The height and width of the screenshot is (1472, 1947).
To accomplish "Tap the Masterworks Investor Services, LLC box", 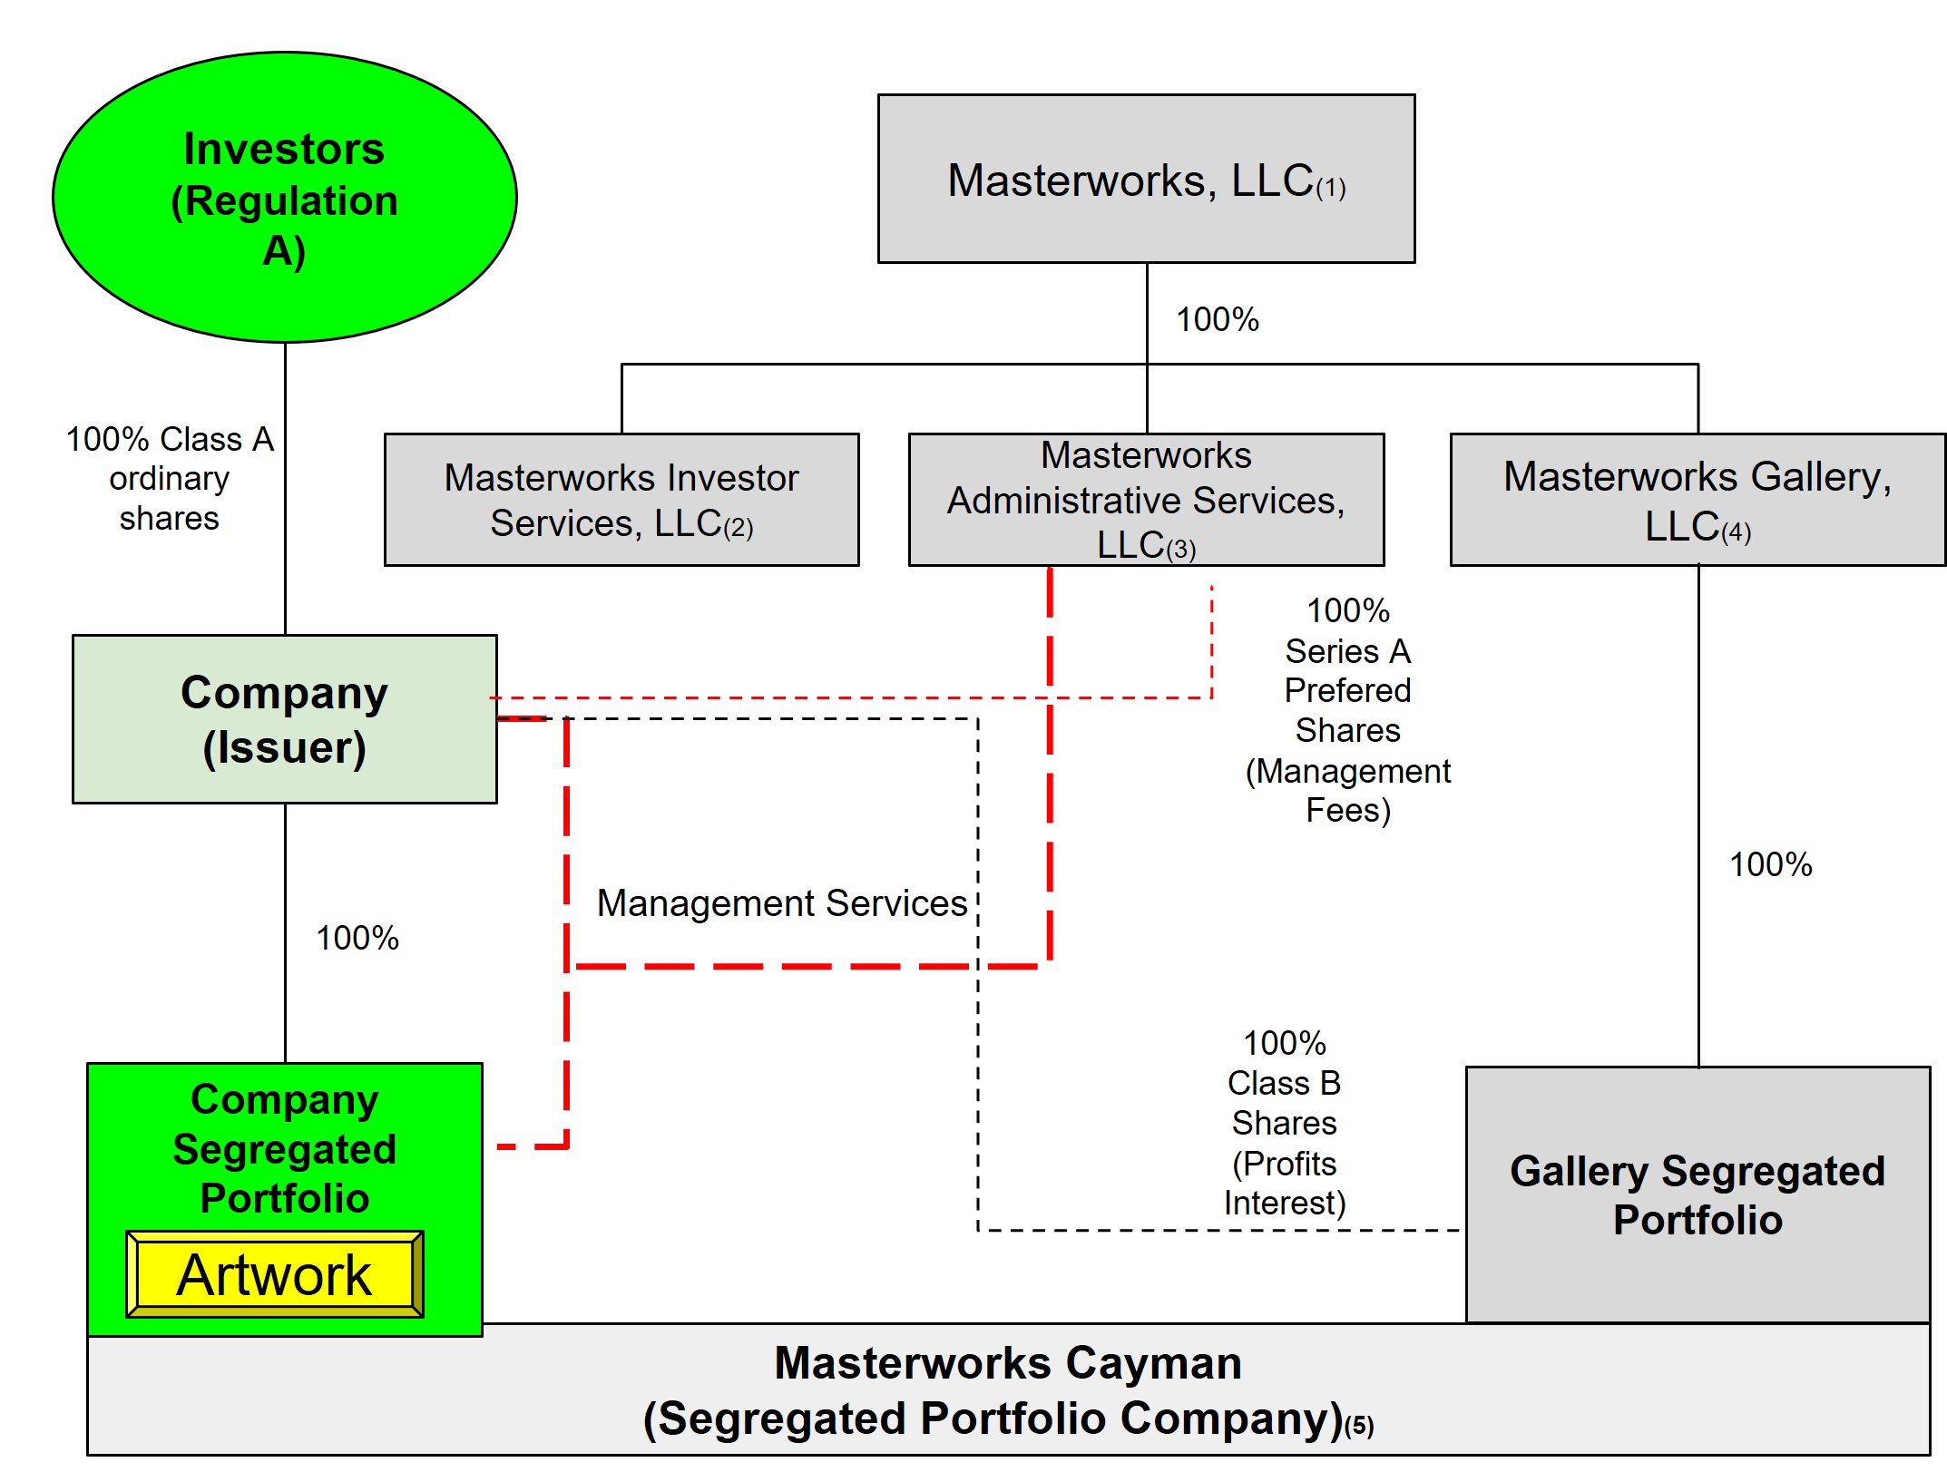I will click(x=621, y=500).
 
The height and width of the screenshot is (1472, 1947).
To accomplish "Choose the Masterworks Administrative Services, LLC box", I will click(x=1146, y=500).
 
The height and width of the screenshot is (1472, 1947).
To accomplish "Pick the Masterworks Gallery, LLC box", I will click(x=1697, y=500).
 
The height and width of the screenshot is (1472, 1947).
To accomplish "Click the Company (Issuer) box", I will click(x=284, y=719).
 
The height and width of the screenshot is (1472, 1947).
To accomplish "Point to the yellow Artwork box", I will click(x=274, y=1274).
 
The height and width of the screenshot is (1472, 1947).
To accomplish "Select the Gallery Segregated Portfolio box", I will click(x=1697, y=1194).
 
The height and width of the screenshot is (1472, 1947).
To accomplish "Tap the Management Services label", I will click(x=782, y=903).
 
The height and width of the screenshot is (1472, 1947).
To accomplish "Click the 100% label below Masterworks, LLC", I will click(x=1217, y=319).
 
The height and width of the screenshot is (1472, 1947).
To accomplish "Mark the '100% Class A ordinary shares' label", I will click(x=170, y=478).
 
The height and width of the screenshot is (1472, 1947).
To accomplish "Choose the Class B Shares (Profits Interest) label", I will click(x=1284, y=1123).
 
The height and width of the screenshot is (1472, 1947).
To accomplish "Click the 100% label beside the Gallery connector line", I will click(x=1770, y=864).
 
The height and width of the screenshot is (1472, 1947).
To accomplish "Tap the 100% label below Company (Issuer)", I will click(x=357, y=938).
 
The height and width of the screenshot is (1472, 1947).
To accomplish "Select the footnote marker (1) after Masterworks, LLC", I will click(x=1331, y=189).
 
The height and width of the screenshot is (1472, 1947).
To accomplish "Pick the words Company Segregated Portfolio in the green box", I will click(x=284, y=1148).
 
